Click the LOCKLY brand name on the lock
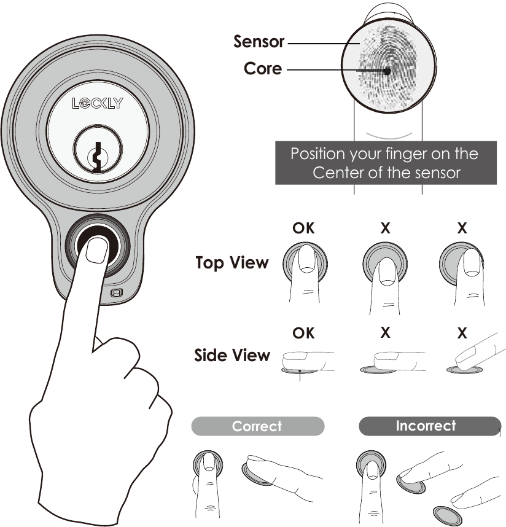(x=98, y=103)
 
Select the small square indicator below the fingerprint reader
(x=115, y=294)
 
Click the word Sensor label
(x=259, y=42)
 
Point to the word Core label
(x=263, y=69)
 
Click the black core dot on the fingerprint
(x=387, y=71)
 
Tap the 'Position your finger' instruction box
(x=385, y=163)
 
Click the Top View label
(x=232, y=263)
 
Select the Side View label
(x=232, y=356)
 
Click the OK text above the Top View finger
(x=303, y=228)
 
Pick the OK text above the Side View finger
(x=303, y=333)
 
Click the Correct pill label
(x=257, y=426)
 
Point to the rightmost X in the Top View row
(x=462, y=228)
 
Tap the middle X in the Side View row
(x=385, y=333)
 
